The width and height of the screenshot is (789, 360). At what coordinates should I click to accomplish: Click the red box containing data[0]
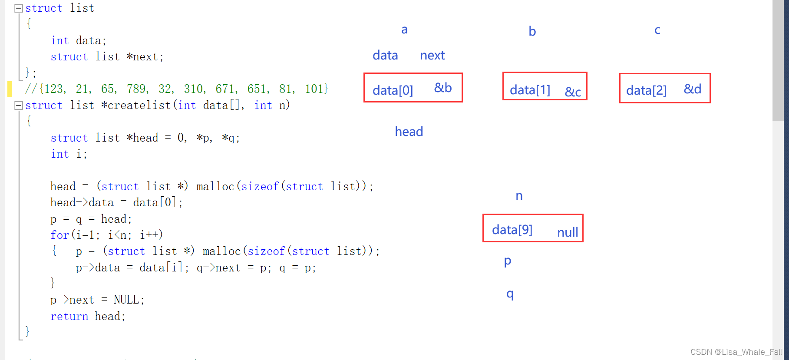click(x=413, y=88)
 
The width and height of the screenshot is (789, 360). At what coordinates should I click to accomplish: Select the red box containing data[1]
click(x=545, y=86)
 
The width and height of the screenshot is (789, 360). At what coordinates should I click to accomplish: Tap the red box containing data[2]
click(x=664, y=88)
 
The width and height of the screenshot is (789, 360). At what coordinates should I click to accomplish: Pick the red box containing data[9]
click(x=533, y=228)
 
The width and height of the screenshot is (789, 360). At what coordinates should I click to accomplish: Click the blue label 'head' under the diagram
click(x=409, y=132)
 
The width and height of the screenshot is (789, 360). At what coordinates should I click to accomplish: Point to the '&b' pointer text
click(x=443, y=88)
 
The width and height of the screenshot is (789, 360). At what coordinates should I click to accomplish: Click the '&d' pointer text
click(x=693, y=89)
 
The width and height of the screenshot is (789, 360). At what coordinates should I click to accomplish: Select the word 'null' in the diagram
click(x=568, y=232)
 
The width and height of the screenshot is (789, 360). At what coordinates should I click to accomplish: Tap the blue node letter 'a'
click(x=404, y=30)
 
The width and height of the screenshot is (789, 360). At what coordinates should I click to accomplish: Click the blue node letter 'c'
click(x=657, y=30)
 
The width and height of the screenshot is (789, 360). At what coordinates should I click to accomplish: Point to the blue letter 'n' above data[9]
click(x=519, y=196)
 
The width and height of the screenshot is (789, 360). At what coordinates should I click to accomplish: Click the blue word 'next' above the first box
click(x=432, y=55)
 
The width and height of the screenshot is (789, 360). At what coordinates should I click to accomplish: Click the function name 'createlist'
click(x=139, y=105)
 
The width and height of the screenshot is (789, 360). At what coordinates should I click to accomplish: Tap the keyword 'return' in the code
click(x=69, y=316)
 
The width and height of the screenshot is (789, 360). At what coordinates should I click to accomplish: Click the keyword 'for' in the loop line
click(x=59, y=235)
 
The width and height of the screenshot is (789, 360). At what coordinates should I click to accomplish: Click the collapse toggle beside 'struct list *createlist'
click(x=19, y=105)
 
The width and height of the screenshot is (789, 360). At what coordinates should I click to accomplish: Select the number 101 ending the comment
click(x=314, y=89)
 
